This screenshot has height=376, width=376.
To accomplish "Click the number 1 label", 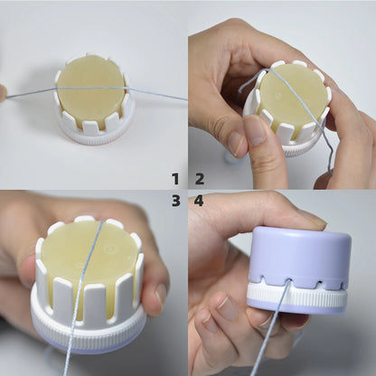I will tap(175, 178).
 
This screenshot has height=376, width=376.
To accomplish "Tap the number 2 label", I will tap(199, 178).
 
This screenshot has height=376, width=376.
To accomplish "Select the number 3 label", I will tap(175, 201).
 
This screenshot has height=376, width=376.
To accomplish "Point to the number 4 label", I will tap(199, 201).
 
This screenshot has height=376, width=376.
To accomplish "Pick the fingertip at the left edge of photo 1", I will tap(3, 92).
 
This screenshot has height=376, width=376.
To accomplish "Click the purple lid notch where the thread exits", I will tap(288, 281).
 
